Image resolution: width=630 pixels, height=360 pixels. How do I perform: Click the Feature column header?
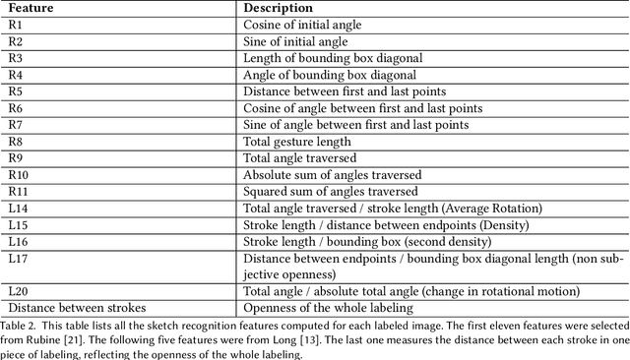click(31, 7)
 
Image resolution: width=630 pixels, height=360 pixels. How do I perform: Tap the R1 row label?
click(15, 25)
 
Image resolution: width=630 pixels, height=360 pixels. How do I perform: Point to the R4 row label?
click(15, 75)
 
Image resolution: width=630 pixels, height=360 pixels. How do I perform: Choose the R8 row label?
click(15, 142)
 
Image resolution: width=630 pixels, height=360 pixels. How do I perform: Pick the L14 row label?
click(18, 208)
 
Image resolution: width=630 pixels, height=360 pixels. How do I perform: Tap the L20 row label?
click(18, 291)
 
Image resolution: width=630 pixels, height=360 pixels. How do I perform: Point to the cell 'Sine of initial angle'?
click(294, 41)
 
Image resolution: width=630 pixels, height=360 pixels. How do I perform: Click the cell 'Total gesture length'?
click(297, 142)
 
